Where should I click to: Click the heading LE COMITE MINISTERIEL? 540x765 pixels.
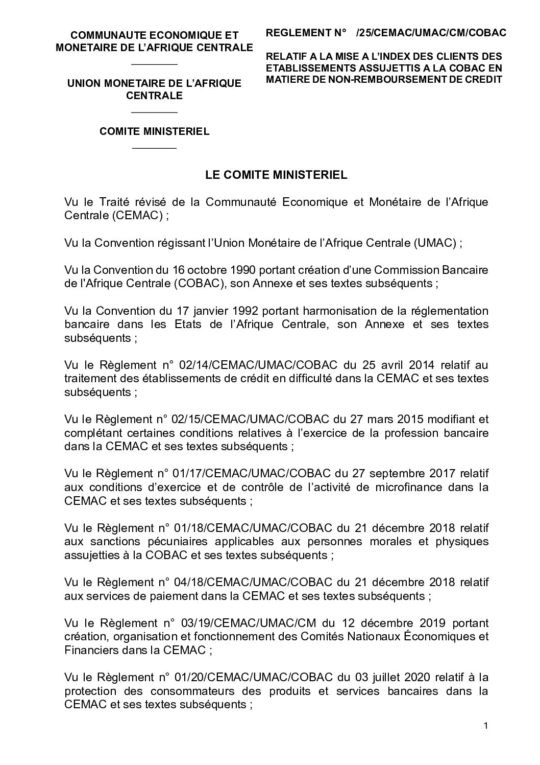(276, 175)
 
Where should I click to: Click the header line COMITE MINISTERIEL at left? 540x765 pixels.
(155, 131)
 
